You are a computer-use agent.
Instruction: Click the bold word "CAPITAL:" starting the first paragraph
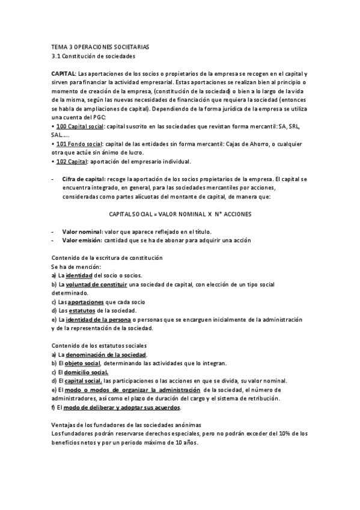click(64, 73)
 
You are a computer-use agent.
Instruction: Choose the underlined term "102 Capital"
click(72, 162)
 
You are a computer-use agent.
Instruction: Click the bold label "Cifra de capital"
click(84, 179)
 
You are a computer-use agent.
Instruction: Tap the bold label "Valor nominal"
click(82, 232)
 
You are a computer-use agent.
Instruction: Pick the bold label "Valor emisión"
click(82, 241)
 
